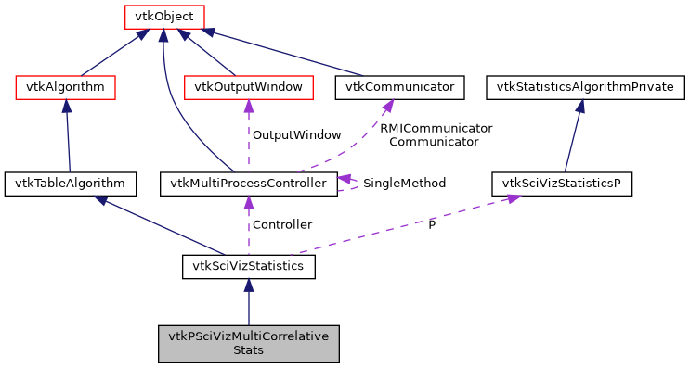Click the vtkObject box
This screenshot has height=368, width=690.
click(x=163, y=16)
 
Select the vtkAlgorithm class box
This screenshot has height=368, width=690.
click(x=65, y=87)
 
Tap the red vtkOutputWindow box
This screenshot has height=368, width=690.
click(x=248, y=87)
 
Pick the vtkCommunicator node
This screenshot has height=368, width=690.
click(x=399, y=87)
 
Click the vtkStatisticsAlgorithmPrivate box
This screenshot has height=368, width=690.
click(x=586, y=87)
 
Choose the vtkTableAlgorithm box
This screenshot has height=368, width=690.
click(x=71, y=183)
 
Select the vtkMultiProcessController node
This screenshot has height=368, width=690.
click(x=248, y=183)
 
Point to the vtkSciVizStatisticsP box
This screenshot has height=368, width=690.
click(x=562, y=183)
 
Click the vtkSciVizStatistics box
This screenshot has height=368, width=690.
click(x=248, y=267)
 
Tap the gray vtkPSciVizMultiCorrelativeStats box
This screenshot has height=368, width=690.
click(x=248, y=343)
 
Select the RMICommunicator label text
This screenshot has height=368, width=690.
click(x=436, y=128)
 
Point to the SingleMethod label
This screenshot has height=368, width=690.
click(x=404, y=184)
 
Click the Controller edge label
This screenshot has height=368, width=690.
click(x=282, y=224)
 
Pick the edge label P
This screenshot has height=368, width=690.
click(x=431, y=224)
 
